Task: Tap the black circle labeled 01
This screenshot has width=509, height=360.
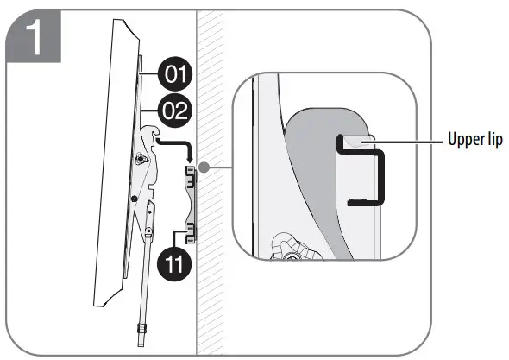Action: pyautogui.click(x=176, y=75)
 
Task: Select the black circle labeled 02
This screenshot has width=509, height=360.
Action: pyautogui.click(x=176, y=111)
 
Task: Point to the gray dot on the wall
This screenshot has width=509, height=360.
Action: pyautogui.click(x=200, y=167)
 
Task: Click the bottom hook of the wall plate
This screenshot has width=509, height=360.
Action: pyautogui.click(x=190, y=230)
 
